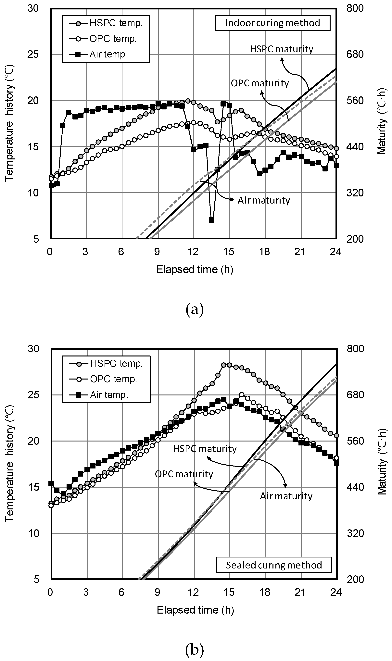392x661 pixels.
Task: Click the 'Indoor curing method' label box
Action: [x=272, y=23]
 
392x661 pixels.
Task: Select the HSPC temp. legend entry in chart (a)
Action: [x=106, y=23]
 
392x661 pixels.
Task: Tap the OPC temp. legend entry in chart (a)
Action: [x=106, y=39]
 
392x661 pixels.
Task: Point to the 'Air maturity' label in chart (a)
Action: [x=264, y=200]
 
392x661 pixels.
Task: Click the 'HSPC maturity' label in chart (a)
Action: [x=282, y=49]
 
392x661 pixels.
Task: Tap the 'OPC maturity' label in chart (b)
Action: [x=184, y=474]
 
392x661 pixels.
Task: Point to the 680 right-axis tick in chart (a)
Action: [x=355, y=54]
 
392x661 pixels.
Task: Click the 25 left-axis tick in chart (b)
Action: [x=33, y=395]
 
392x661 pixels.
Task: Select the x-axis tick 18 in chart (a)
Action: [x=264, y=252]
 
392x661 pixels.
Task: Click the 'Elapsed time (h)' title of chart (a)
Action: [x=195, y=269]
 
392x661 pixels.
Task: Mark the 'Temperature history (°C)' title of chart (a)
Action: [x=9, y=124]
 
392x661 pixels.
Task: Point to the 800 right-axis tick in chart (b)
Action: [x=355, y=349]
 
